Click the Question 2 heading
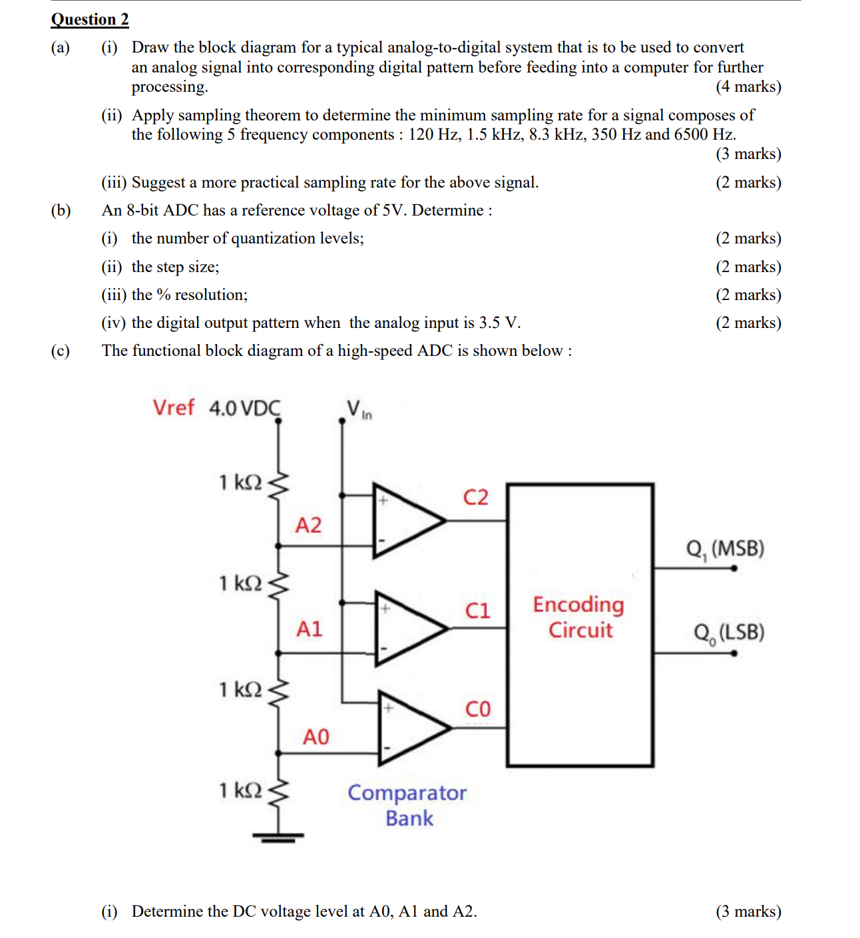tap(90, 19)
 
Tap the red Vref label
tap(173, 407)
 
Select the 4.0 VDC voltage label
tap(244, 408)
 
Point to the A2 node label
tap(308, 526)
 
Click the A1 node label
tap(309, 629)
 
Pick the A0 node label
tap(316, 736)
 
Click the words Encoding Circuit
tap(579, 617)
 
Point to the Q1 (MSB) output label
tap(725, 549)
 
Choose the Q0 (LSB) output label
tap(728, 632)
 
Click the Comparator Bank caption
tap(407, 805)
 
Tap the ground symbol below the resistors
tap(278, 837)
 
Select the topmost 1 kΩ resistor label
tap(240, 482)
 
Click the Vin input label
tap(358, 409)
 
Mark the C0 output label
tap(477, 709)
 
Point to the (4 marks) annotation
tap(748, 86)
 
